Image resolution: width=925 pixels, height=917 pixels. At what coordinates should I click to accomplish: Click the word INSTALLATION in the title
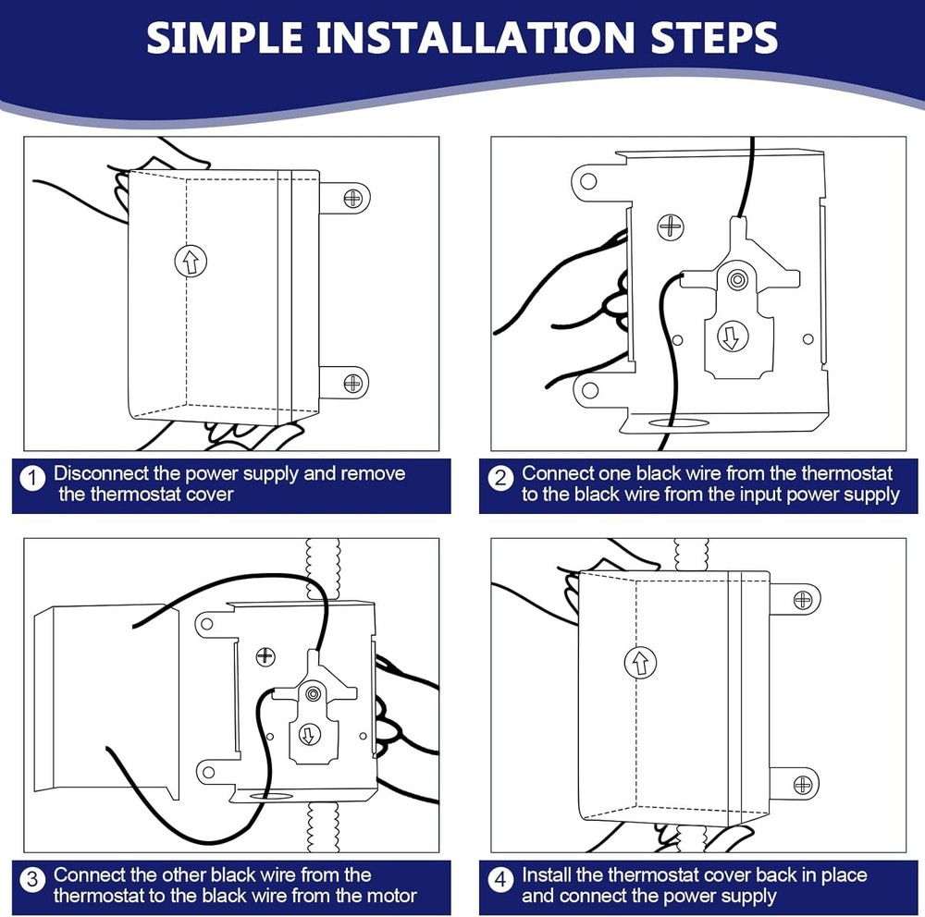pyautogui.click(x=475, y=38)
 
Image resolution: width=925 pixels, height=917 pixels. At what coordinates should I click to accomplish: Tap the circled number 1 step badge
pyautogui.click(x=32, y=478)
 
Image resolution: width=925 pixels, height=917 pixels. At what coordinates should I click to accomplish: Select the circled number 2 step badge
pyautogui.click(x=500, y=478)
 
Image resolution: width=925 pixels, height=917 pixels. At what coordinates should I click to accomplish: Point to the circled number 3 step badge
pyautogui.click(x=32, y=880)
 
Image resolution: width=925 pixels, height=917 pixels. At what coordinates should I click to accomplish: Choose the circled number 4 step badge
pyautogui.click(x=500, y=880)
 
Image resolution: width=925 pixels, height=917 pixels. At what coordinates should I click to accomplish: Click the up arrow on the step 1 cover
pyautogui.click(x=191, y=261)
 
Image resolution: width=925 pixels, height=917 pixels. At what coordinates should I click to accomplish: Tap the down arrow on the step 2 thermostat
pyautogui.click(x=732, y=337)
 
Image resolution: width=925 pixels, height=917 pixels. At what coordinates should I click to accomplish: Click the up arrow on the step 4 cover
pyautogui.click(x=640, y=662)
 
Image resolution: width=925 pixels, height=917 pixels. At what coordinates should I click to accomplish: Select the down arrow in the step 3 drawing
pyautogui.click(x=309, y=735)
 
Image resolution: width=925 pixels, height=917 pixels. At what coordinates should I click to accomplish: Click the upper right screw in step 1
pyautogui.click(x=352, y=198)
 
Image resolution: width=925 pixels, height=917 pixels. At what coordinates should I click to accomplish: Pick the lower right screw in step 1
pyautogui.click(x=352, y=384)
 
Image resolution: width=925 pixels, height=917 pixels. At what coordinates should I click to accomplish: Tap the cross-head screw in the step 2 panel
pyautogui.click(x=671, y=227)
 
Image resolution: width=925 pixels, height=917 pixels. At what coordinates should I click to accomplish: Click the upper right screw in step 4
pyautogui.click(x=803, y=600)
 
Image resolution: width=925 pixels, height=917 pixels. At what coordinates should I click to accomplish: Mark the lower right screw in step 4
pyautogui.click(x=803, y=785)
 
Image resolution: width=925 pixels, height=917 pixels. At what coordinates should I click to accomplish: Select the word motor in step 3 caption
pyautogui.click(x=391, y=896)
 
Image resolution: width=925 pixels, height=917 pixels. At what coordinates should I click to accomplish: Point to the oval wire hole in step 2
pyautogui.click(x=678, y=422)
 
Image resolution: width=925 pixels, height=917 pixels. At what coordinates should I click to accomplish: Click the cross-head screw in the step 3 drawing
pyautogui.click(x=265, y=655)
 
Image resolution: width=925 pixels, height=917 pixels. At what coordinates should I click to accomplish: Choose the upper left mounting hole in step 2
pyautogui.click(x=588, y=180)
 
